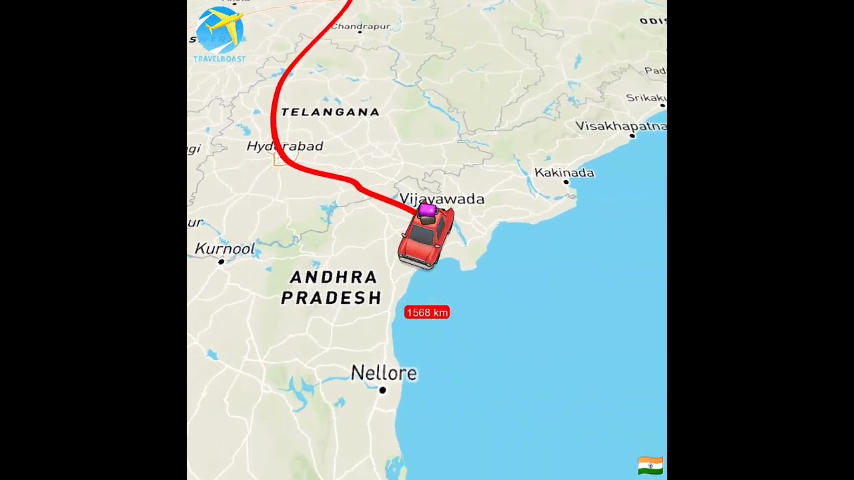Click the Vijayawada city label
(442, 199)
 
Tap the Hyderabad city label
(285, 146)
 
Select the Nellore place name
(384, 373)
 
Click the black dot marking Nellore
(382, 390)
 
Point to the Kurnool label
(225, 249)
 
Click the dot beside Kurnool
(222, 261)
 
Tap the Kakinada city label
(564, 173)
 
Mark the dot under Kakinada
(566, 181)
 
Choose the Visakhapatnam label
(620, 126)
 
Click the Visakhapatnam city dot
(632, 135)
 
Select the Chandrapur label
(360, 26)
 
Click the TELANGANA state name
(330, 112)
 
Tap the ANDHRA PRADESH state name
(331, 287)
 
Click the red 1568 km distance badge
(427, 312)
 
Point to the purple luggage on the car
(428, 211)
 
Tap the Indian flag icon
(650, 465)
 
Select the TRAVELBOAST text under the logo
(220, 59)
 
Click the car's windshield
(422, 235)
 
